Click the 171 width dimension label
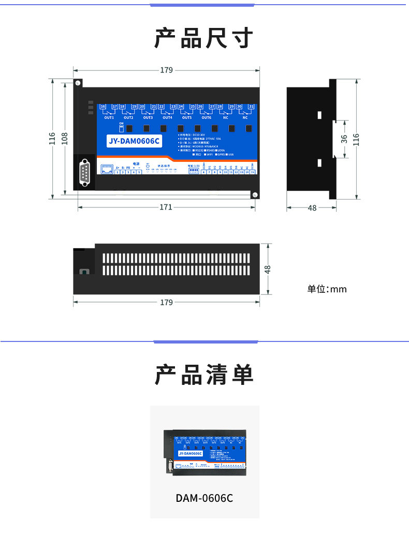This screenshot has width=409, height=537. pyautogui.click(x=166, y=207)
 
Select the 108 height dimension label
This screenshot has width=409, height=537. pyautogui.click(x=65, y=138)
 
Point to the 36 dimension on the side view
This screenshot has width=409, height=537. pyautogui.click(x=344, y=139)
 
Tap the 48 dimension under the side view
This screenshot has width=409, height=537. pyautogui.click(x=312, y=208)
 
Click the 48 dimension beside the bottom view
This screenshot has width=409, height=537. pyautogui.click(x=268, y=269)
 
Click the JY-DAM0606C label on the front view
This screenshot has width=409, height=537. pyautogui.click(x=134, y=141)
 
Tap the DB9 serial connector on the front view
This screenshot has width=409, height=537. pyautogui.click(x=85, y=172)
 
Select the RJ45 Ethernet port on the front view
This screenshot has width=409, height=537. pyautogui.click(x=107, y=169)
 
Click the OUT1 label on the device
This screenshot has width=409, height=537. pyautogui.click(x=109, y=118)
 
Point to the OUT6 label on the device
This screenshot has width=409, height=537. pyautogui.click(x=206, y=118)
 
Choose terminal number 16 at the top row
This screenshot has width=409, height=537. pyautogui.click(x=103, y=107)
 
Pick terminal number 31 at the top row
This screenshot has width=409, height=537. pyautogui.click(x=251, y=107)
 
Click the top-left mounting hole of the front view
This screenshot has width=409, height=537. pyautogui.click(x=78, y=83)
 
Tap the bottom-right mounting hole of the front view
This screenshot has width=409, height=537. pyautogui.click(x=255, y=195)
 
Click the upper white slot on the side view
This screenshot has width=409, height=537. pyautogui.click(x=319, y=114)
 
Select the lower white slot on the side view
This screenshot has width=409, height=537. pyautogui.click(x=319, y=163)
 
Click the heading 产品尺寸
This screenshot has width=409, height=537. pyautogui.click(x=204, y=39)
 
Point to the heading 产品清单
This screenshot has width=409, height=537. pyautogui.click(x=204, y=375)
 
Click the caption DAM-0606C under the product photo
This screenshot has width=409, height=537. pyautogui.click(x=204, y=498)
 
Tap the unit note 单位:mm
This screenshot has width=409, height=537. pyautogui.click(x=327, y=289)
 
